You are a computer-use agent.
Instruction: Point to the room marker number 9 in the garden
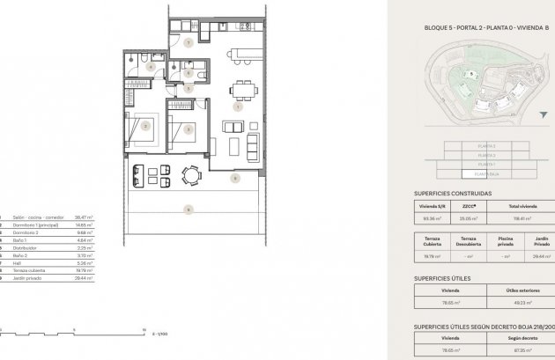(x=187, y=209)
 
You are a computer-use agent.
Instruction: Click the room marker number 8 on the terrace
(x=234, y=178)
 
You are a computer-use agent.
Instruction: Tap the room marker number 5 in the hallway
(x=188, y=88)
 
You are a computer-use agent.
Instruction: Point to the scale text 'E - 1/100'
(x=160, y=335)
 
